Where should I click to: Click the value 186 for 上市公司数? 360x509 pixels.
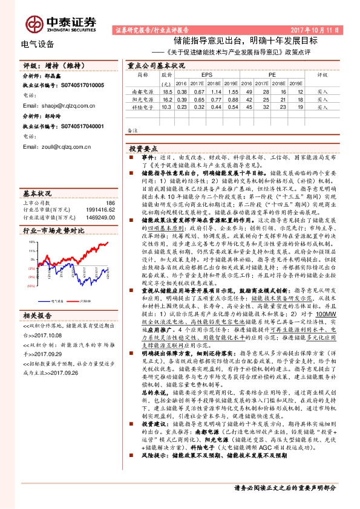(110, 204)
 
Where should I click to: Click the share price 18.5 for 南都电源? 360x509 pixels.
(168, 91)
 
